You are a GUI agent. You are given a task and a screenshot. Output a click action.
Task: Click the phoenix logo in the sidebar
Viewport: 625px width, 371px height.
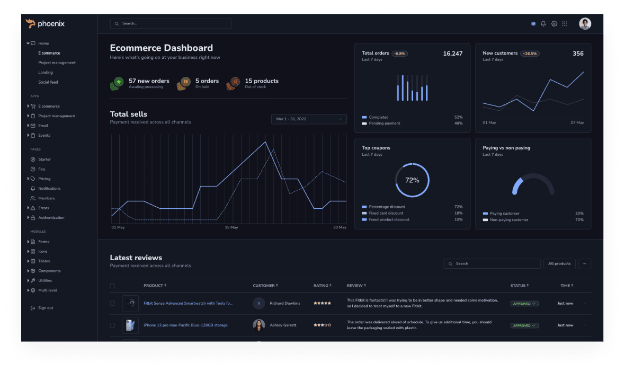pos(45,23)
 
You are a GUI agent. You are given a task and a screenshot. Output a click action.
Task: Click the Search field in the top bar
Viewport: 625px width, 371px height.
pos(171,24)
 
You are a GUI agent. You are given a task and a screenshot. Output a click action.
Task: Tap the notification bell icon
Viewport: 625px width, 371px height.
pos(543,24)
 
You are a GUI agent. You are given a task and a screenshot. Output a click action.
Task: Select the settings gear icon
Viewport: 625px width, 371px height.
pos(554,24)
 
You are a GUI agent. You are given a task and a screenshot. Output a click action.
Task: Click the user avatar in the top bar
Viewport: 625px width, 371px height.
pos(585,23)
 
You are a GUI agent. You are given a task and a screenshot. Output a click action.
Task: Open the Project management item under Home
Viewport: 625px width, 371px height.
pos(57,63)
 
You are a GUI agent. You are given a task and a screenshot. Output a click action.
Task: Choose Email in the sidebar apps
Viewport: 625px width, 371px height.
pos(43,126)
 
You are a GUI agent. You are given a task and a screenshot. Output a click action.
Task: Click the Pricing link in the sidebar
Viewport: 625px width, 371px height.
pos(44,179)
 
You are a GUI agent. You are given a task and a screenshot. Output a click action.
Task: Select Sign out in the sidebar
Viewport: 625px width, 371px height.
pos(46,308)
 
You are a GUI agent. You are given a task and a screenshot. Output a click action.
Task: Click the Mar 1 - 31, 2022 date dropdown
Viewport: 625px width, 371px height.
pos(309,119)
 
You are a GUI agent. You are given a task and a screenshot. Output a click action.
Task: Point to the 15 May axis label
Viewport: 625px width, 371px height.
pos(231,227)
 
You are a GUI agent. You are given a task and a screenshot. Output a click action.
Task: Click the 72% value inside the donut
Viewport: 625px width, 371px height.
pos(412,180)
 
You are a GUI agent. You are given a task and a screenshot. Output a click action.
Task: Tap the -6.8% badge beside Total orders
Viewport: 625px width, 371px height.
pos(400,54)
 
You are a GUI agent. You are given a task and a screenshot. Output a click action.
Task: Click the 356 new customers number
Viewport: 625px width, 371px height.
pos(578,54)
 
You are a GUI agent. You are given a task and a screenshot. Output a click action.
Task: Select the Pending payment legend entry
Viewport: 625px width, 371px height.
pos(385,123)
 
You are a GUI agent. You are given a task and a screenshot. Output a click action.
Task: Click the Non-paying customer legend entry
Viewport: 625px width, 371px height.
pos(508,219)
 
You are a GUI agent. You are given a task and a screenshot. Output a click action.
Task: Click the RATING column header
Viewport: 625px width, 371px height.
pos(321,286)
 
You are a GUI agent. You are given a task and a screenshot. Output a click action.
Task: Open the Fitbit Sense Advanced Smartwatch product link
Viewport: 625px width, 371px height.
pos(187,304)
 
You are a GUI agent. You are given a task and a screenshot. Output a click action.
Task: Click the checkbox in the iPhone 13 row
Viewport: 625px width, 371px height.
pos(112,325)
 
